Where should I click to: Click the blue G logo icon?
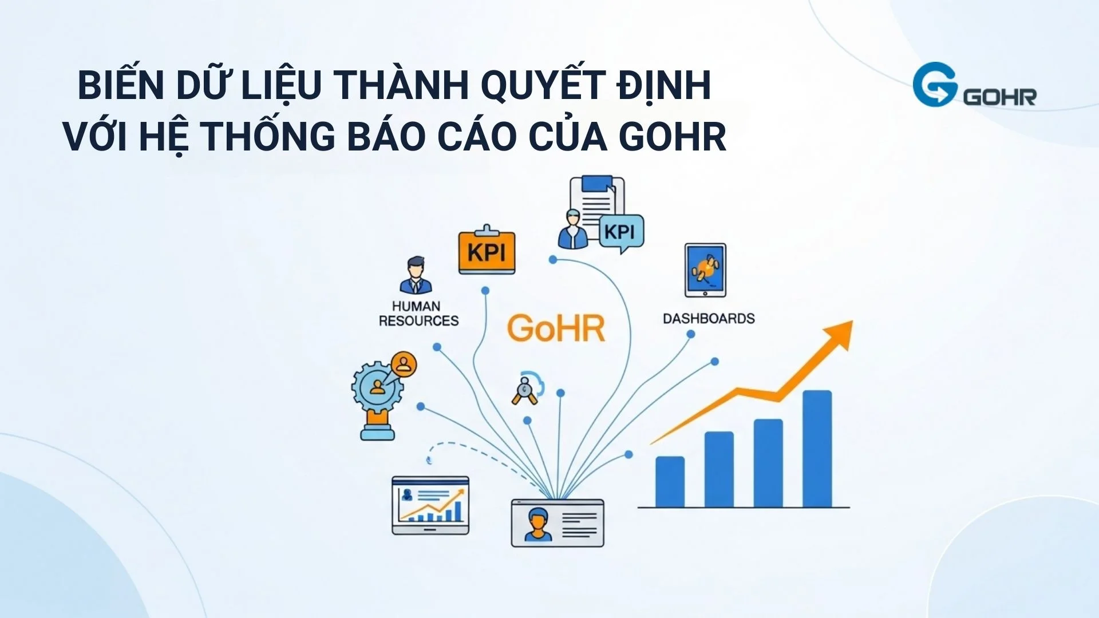click(935, 85)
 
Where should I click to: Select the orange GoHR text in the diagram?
click(556, 328)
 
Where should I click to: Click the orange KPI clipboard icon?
click(487, 252)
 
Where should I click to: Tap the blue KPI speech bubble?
click(621, 232)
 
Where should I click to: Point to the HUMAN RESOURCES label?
click(418, 314)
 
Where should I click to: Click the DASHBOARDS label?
click(709, 319)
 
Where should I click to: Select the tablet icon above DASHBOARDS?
click(705, 270)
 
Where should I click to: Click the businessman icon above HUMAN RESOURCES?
click(416, 275)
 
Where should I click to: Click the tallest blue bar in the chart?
click(817, 449)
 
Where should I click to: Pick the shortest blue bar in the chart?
click(670, 482)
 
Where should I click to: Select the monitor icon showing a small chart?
click(430, 505)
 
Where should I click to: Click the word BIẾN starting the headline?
click(121, 86)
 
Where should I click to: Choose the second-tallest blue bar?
click(768, 463)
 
